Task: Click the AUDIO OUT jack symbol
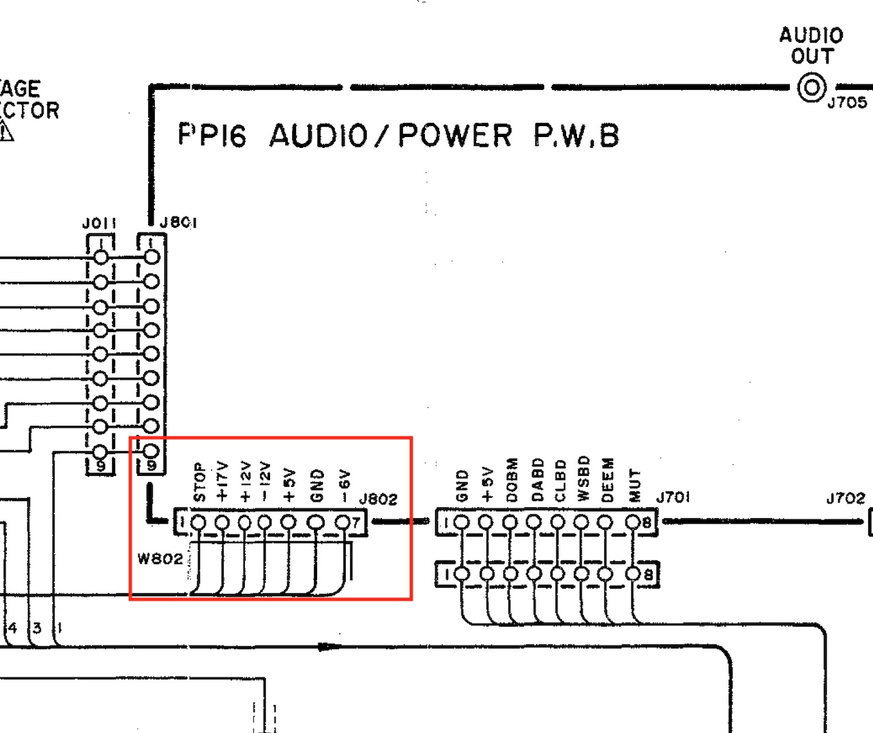click(x=812, y=88)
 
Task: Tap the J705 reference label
click(x=847, y=103)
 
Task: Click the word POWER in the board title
click(x=455, y=135)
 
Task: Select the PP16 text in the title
click(x=211, y=135)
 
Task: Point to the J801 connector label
click(x=178, y=223)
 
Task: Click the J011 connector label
click(x=100, y=224)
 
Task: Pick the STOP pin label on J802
click(x=199, y=482)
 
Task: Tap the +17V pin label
click(x=222, y=481)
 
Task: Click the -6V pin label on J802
click(x=344, y=485)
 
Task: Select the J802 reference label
click(x=378, y=499)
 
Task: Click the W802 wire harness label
click(x=160, y=559)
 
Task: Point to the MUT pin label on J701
click(x=635, y=485)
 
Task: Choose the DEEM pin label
click(x=608, y=480)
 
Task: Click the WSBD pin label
click(x=582, y=479)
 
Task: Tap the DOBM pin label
click(x=512, y=480)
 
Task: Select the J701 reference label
click(x=672, y=497)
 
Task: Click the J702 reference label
click(x=846, y=498)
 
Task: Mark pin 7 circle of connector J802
click(x=343, y=523)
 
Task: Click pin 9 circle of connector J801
click(x=151, y=451)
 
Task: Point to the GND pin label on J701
click(x=462, y=485)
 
